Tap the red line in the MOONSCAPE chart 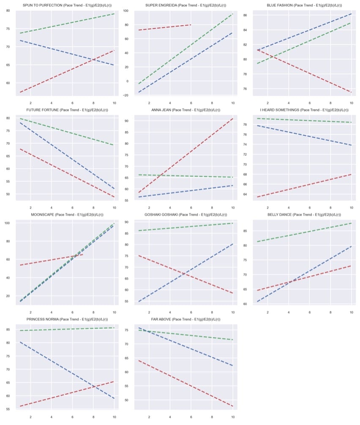pos(51,260)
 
